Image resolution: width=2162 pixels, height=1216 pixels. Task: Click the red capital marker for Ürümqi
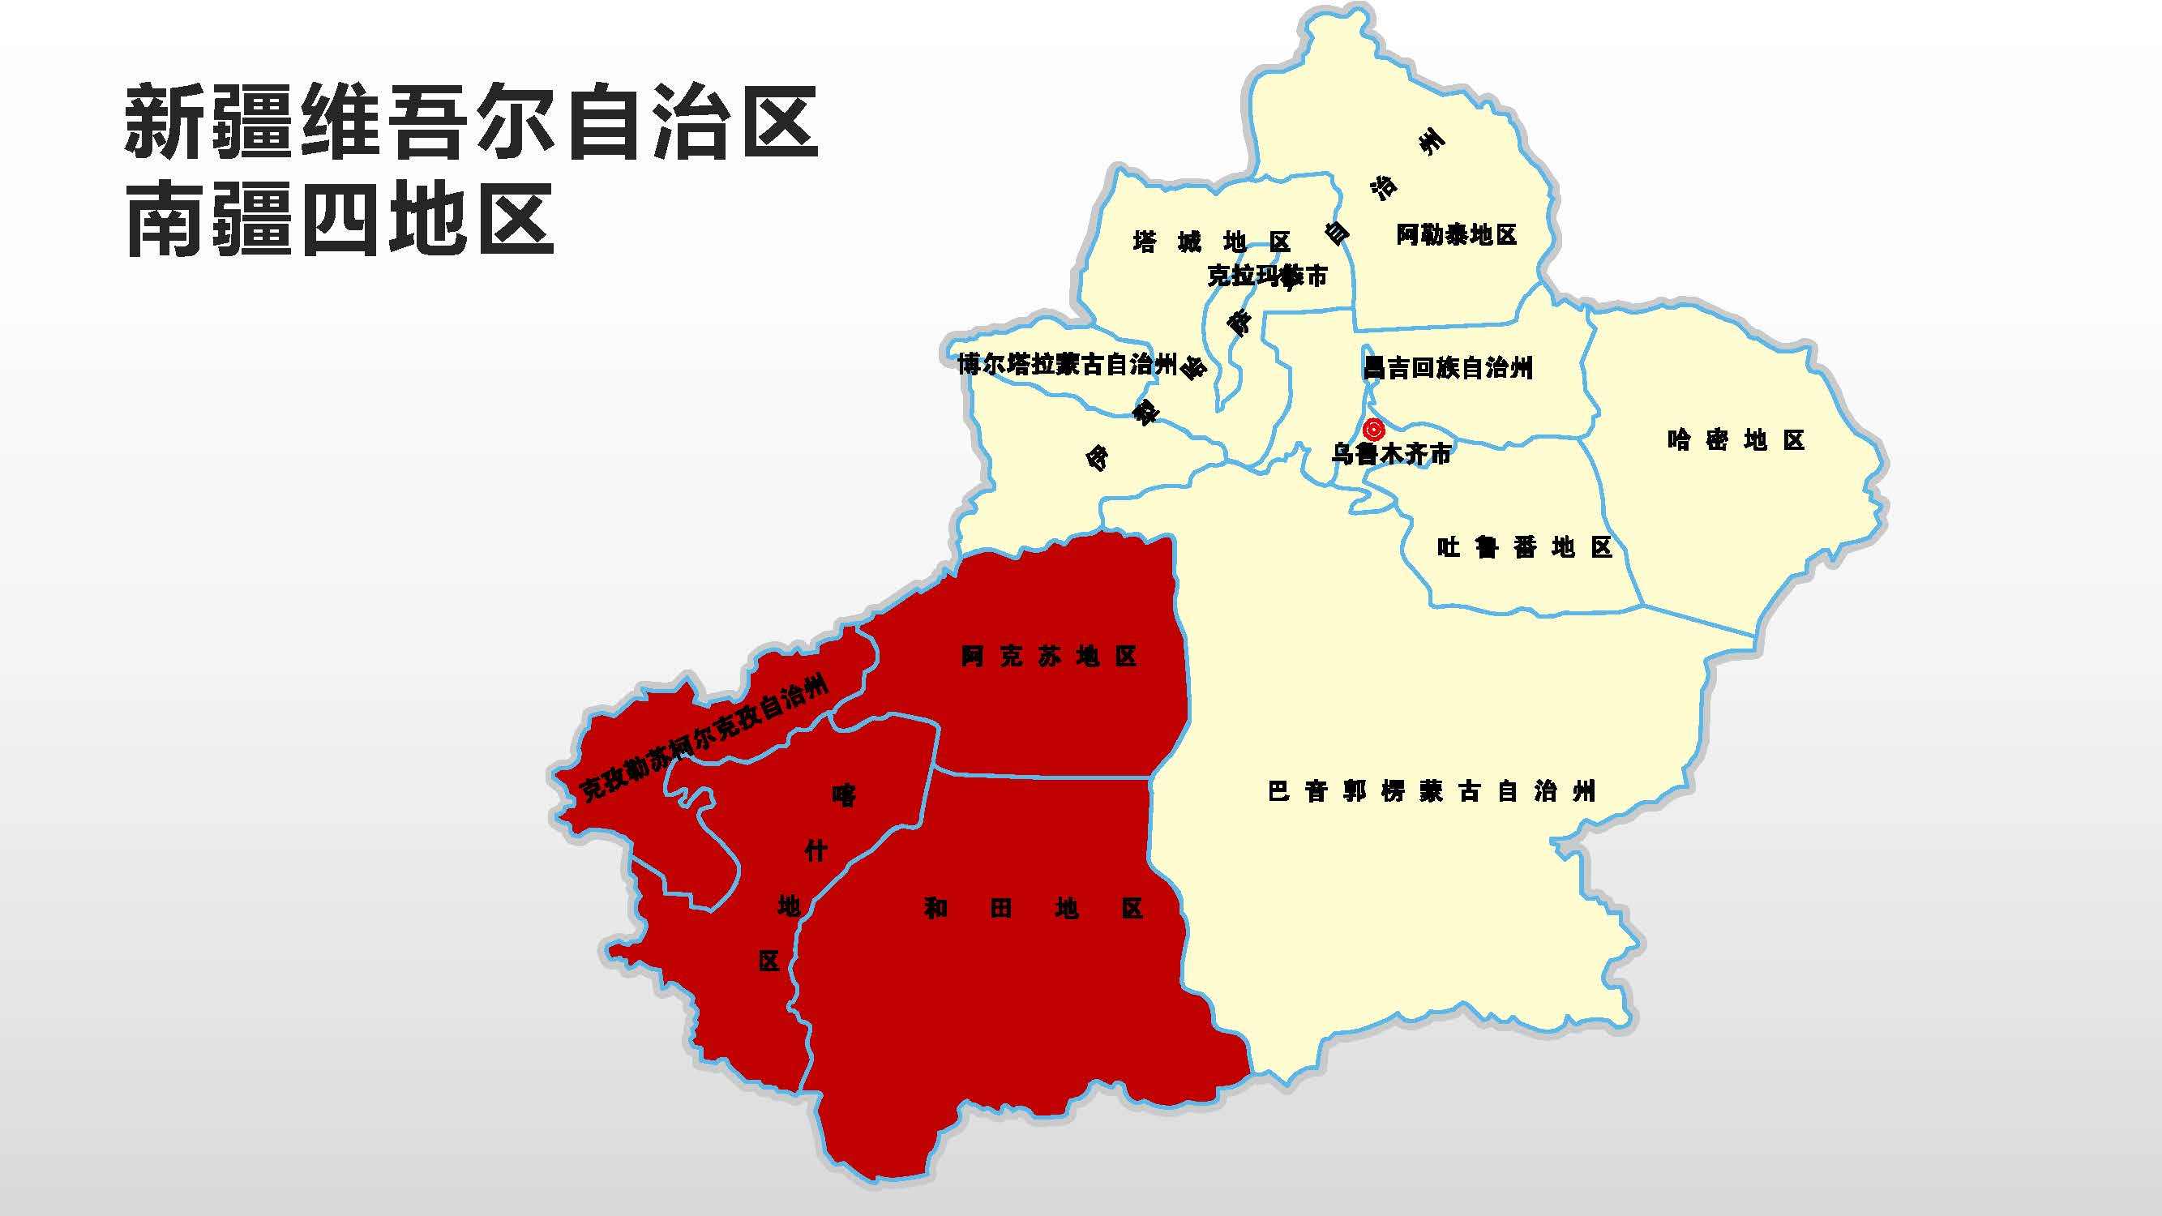pyautogui.click(x=1373, y=430)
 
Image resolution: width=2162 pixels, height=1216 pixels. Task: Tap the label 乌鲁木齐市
pyautogui.click(x=1391, y=455)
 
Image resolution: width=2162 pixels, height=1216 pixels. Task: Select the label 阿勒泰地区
pyautogui.click(x=1456, y=235)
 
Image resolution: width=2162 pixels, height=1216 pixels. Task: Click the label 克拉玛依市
pyautogui.click(x=1266, y=276)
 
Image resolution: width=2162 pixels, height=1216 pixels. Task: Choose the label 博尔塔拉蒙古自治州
pyautogui.click(x=1067, y=364)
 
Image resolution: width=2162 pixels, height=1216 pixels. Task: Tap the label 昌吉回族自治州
pyautogui.click(x=1448, y=367)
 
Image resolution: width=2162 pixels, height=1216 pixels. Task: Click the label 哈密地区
pyautogui.click(x=1736, y=440)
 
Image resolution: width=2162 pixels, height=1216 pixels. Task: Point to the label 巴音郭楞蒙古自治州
pyautogui.click(x=1431, y=791)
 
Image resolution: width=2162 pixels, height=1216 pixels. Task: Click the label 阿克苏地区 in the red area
pyautogui.click(x=1049, y=657)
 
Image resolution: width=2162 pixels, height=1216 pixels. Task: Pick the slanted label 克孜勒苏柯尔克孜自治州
pyautogui.click(x=704, y=739)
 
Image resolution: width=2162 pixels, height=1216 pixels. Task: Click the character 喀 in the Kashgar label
pyautogui.click(x=844, y=794)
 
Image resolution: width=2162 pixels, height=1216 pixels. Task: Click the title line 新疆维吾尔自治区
pyautogui.click(x=471, y=122)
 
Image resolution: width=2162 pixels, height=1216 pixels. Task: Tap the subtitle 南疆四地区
pyautogui.click(x=340, y=220)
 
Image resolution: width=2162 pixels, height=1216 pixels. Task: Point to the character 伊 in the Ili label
pyautogui.click(x=1097, y=457)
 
